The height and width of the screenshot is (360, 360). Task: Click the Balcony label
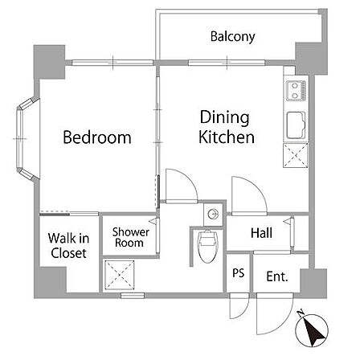point(232,37)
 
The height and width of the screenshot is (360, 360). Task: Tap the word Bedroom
point(97,137)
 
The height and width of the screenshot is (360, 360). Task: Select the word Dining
point(224,117)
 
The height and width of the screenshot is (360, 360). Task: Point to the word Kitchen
point(227,137)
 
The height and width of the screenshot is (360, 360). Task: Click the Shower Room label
point(130,237)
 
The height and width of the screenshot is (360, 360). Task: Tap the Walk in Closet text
point(68,246)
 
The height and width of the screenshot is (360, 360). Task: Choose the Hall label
point(261,233)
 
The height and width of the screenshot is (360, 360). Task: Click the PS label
point(238,273)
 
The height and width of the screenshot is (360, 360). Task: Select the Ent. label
point(277,276)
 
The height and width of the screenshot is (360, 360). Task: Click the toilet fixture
point(207,246)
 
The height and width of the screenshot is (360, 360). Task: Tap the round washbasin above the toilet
point(213,214)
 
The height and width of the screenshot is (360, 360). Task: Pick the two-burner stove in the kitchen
point(296,91)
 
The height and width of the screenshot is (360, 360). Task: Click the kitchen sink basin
point(296,125)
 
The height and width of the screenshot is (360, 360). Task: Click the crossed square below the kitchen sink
point(296,155)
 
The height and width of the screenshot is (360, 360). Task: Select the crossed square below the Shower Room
point(119,275)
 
